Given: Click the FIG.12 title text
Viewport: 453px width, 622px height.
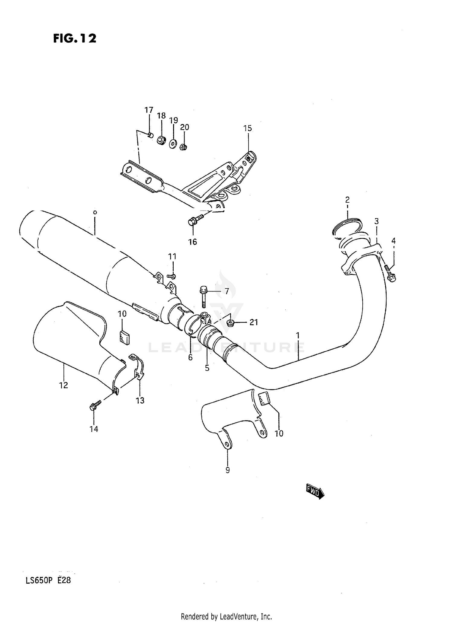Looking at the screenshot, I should tap(75, 38).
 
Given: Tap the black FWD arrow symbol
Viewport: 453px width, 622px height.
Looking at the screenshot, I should tap(315, 492).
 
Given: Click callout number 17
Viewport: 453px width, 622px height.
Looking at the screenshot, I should tap(149, 110).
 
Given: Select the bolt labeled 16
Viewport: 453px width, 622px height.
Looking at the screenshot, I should tap(195, 220).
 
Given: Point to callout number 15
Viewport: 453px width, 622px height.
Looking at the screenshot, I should tap(247, 128).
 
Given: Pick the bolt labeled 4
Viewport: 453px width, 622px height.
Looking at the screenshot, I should tap(390, 273).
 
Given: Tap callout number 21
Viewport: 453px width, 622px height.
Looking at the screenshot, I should tap(253, 322).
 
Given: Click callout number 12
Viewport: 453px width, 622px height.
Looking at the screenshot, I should tap(63, 385).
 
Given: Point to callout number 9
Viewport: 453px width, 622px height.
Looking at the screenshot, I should tap(227, 470).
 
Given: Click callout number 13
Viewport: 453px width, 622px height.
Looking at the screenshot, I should tap(140, 401).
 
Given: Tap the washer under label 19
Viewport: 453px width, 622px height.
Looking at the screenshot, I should tap(173, 143).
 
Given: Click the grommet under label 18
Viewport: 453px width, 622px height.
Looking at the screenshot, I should tap(161, 140).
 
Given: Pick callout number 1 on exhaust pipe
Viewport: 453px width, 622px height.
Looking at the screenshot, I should tap(297, 335).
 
